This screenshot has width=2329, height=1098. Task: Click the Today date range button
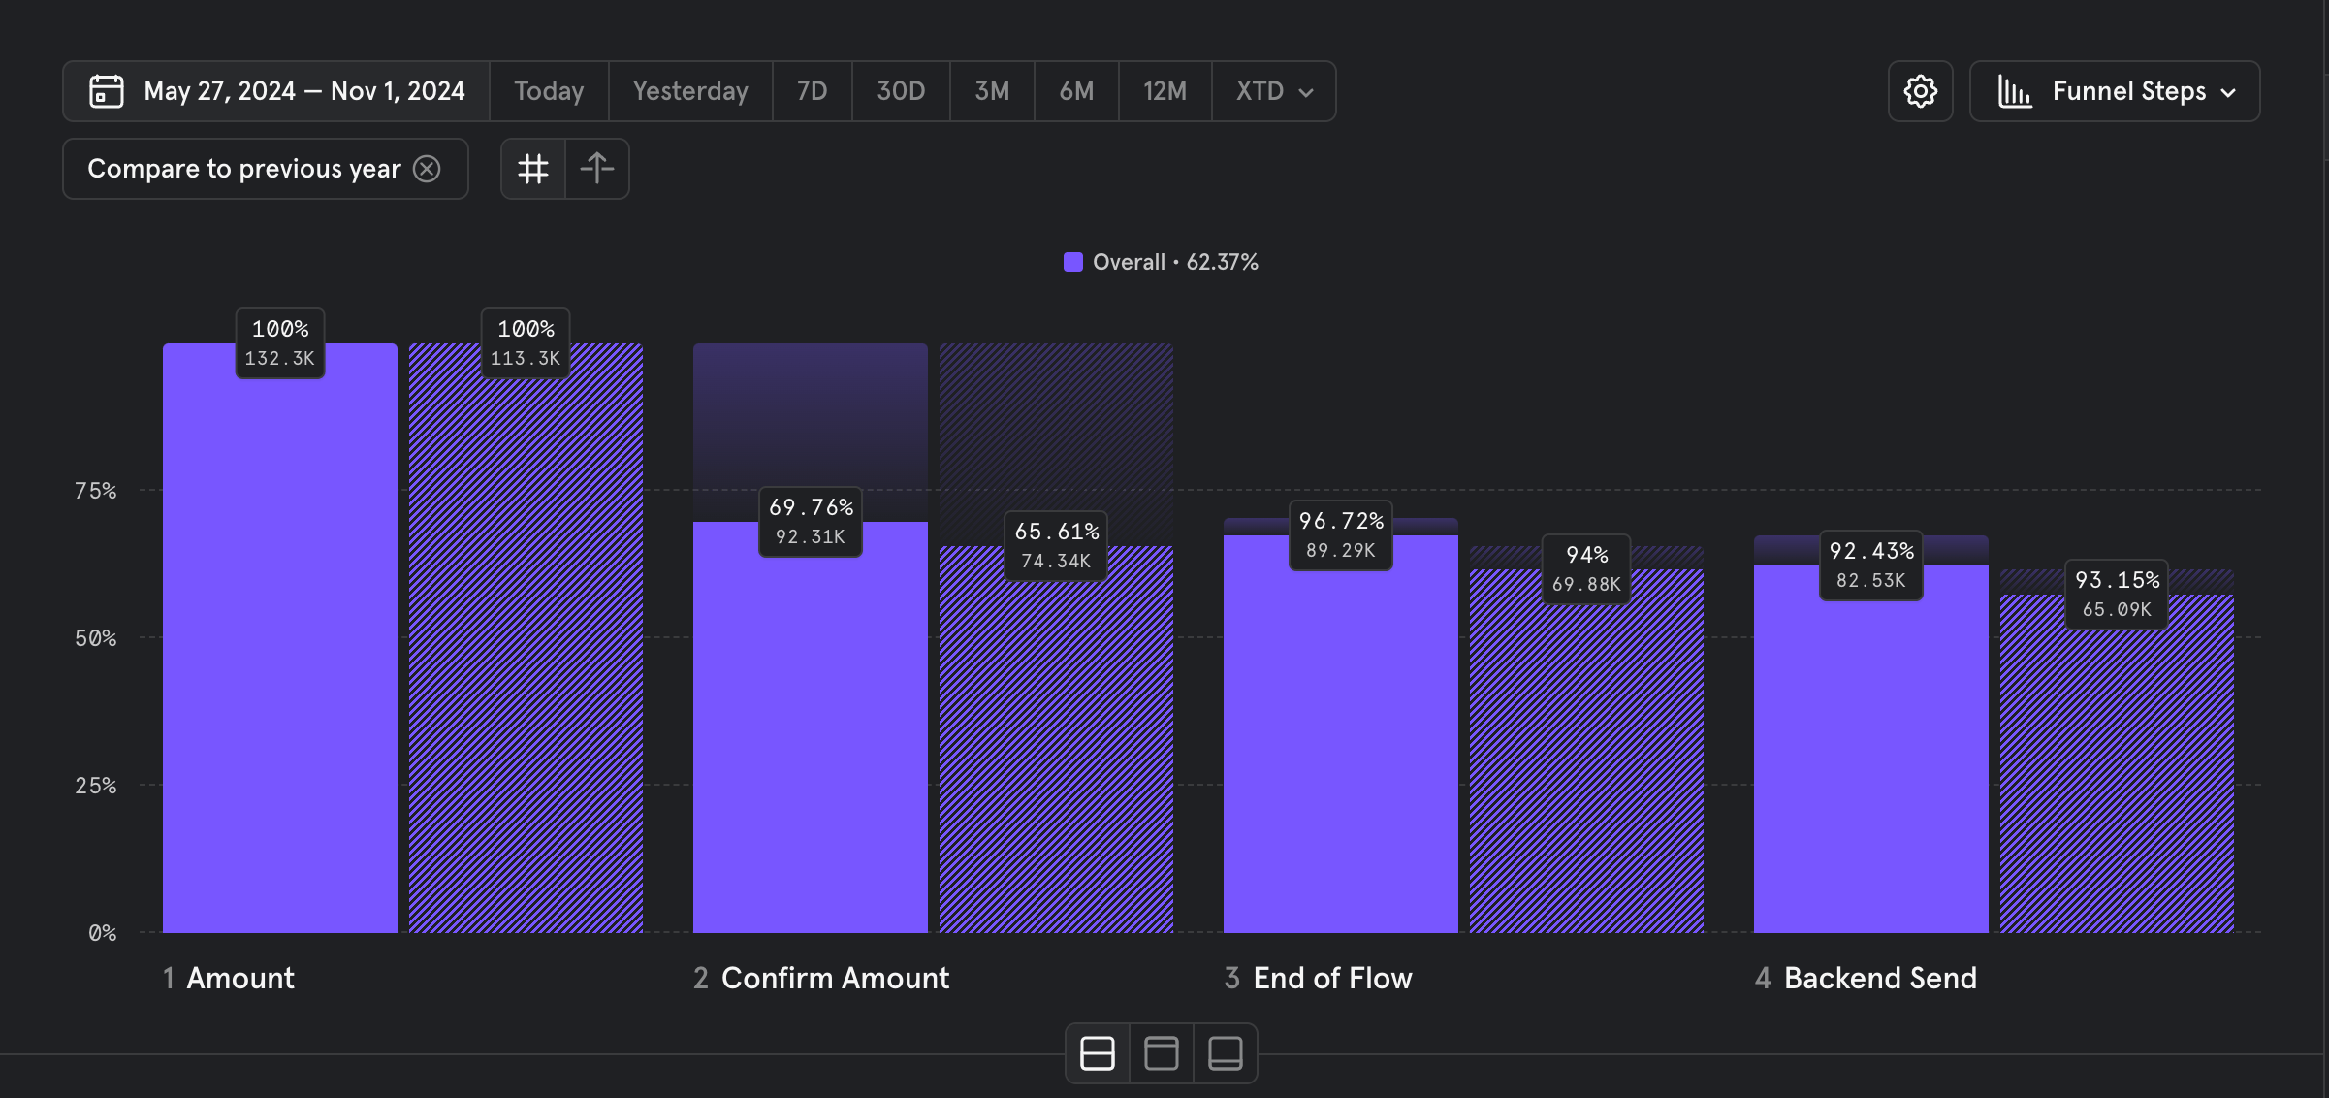[x=549, y=91]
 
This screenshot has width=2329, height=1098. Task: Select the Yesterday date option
[x=690, y=91]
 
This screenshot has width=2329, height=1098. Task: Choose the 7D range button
[x=812, y=91]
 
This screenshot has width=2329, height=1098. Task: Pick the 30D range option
[x=901, y=91]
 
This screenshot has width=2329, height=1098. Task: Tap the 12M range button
[x=1164, y=91]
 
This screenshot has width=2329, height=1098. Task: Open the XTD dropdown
[x=1274, y=91]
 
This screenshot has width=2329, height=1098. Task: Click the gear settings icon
[x=1920, y=91]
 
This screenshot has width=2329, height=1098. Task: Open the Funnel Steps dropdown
[x=2115, y=91]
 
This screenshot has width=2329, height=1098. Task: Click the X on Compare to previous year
[x=427, y=169]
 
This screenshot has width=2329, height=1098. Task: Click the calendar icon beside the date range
[x=107, y=91]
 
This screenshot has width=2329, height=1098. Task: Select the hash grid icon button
[x=533, y=169]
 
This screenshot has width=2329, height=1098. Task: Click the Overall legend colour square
[x=1072, y=262]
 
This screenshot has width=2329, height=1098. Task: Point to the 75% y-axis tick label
[x=95, y=491]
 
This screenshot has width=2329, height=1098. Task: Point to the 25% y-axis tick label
[x=95, y=786]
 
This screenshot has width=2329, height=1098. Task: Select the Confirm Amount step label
[x=835, y=978]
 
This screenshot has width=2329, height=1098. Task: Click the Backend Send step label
[x=1880, y=978]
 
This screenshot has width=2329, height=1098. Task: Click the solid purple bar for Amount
[x=279, y=660]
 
